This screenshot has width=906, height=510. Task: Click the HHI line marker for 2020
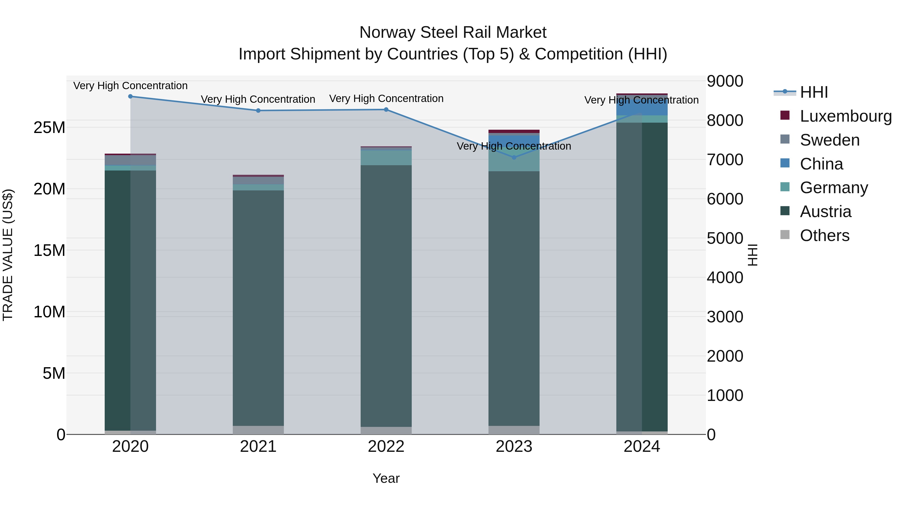click(130, 96)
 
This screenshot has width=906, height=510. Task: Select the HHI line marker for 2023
click(514, 157)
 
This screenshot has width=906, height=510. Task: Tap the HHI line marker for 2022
click(386, 110)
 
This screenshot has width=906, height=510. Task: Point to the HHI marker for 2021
click(258, 111)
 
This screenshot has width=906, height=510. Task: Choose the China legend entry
click(821, 164)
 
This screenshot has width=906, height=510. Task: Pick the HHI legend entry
click(813, 92)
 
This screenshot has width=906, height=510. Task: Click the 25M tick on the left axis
click(49, 127)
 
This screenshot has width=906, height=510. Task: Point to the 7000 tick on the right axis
click(725, 160)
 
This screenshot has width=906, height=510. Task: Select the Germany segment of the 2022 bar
click(386, 158)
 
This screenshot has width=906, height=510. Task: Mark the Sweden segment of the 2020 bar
click(130, 160)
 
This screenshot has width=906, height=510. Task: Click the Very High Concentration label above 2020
click(130, 86)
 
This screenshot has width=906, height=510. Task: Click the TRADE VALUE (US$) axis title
click(8, 255)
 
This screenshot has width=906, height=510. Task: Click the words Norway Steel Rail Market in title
click(453, 33)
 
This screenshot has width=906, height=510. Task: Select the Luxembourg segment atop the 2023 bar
click(514, 131)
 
